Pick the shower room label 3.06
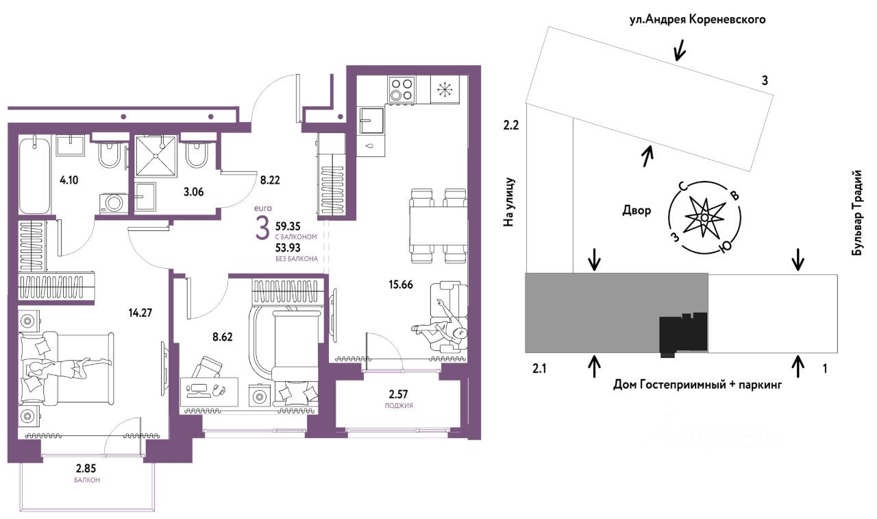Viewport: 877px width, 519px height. [193, 192]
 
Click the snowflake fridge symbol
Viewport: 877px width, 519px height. [443, 90]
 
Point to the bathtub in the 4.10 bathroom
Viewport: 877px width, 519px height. [34, 175]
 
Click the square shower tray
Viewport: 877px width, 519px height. [156, 156]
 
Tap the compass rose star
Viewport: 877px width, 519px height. [705, 217]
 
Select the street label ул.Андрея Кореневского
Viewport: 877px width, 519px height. [697, 20]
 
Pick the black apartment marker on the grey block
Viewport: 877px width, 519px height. [682, 333]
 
